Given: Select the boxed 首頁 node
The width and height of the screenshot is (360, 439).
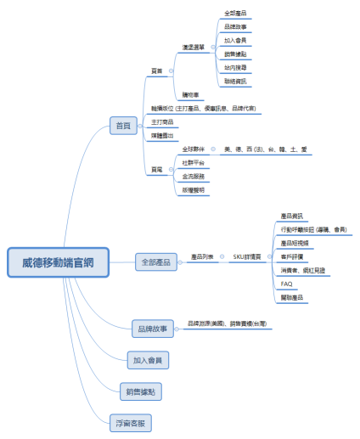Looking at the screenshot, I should [x=123, y=126].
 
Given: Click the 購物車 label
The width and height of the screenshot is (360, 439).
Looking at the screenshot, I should [x=191, y=94].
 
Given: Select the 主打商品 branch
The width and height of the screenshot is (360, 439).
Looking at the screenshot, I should [x=163, y=122].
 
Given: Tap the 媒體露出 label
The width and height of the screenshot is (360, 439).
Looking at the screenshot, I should [x=163, y=135].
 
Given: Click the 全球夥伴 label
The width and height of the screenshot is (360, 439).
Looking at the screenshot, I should [x=194, y=149].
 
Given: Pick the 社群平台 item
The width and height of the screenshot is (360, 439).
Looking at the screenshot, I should [x=194, y=162].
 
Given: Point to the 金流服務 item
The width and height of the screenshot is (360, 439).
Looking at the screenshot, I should [x=194, y=176].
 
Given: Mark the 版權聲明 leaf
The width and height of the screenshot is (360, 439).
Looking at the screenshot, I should [x=194, y=189].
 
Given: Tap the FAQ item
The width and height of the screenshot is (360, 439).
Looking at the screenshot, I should [x=287, y=283].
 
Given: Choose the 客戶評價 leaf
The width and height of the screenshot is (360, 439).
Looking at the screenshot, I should [x=292, y=256].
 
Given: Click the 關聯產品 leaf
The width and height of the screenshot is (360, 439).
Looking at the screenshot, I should [x=292, y=297].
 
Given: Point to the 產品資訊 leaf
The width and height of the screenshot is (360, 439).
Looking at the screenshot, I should [x=292, y=216].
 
